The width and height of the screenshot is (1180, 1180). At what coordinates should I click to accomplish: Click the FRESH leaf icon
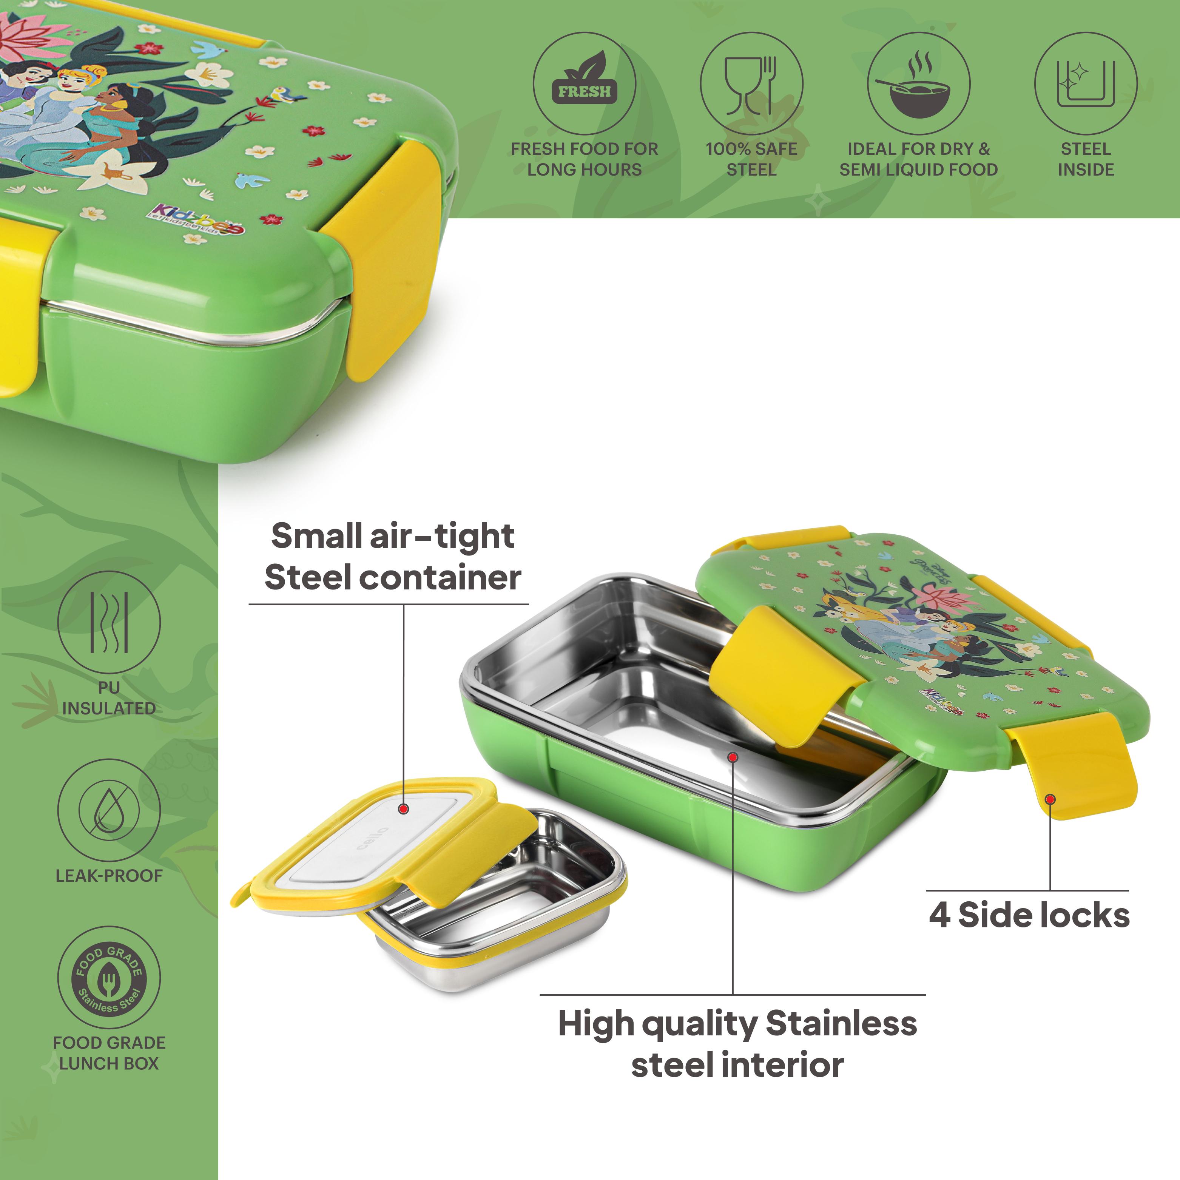[584, 84]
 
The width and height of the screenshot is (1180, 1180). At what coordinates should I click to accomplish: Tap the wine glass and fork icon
[751, 84]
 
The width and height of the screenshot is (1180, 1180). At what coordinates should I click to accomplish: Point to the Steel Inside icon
[1085, 84]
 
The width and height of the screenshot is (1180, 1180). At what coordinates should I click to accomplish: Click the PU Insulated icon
[110, 622]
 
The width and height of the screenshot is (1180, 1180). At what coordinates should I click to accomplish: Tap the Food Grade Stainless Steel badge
[110, 977]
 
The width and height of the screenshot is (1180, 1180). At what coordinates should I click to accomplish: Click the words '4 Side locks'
[1029, 916]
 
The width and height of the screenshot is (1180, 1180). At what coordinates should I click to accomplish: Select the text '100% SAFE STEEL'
[751, 159]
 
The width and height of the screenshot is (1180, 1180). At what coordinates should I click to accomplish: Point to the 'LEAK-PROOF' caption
[110, 875]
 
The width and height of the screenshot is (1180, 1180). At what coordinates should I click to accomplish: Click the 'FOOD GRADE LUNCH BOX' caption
[110, 1053]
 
